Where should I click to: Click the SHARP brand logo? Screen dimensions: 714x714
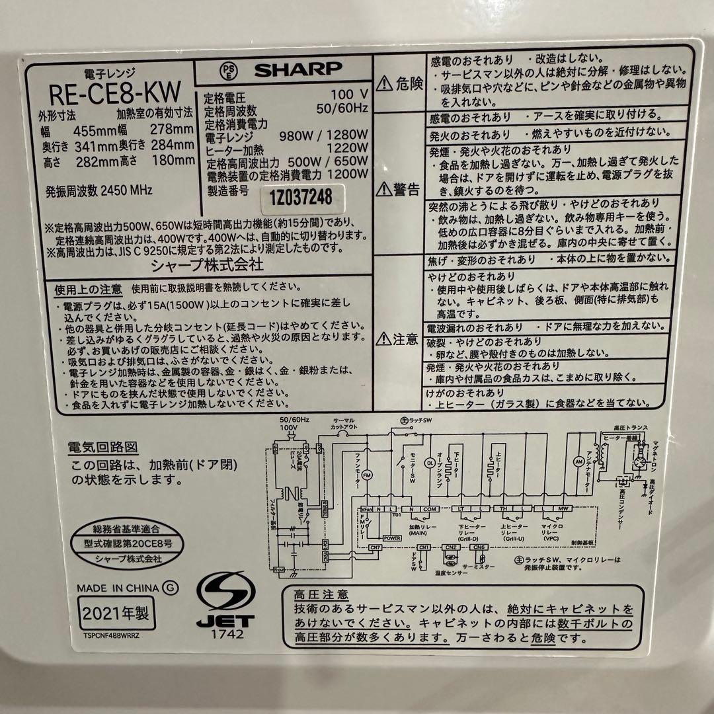[x=298, y=68]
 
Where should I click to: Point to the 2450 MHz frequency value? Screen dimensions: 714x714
[x=126, y=190]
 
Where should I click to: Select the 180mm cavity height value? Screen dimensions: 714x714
[x=175, y=161]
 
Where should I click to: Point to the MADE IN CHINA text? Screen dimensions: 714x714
[x=118, y=587]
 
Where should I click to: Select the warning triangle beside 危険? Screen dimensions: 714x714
[x=384, y=83]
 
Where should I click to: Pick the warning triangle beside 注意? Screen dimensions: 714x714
[x=383, y=340]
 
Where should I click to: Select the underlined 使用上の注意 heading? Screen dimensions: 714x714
[x=93, y=288]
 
